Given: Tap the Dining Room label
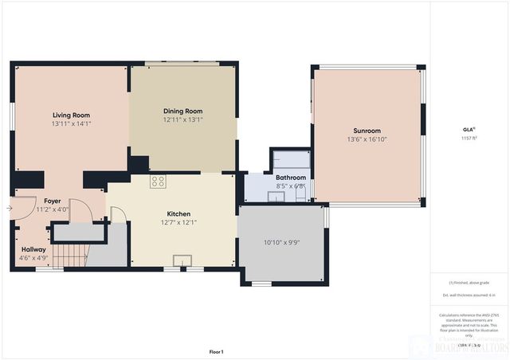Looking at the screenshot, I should tap(183, 112).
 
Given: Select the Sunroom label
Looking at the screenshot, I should tap(367, 131).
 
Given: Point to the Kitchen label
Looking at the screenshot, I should tap(178, 213).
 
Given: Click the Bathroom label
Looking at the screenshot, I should tap(291, 178).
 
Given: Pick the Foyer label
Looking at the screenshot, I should tap(53, 201).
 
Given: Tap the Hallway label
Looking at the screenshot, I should tap(33, 249).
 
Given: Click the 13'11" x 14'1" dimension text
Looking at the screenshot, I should tap(72, 123).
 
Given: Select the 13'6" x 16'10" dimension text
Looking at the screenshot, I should tap(367, 139).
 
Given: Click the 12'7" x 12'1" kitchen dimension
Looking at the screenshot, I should tap(178, 222).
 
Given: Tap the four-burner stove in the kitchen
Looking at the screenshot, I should tap(158, 182).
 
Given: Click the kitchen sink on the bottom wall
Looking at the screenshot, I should tap(182, 260).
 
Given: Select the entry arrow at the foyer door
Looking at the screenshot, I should tap(9, 208).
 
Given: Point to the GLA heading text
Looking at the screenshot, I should tap(469, 129).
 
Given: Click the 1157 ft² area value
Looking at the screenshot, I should tap(469, 138).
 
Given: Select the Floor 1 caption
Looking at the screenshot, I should tap(216, 351).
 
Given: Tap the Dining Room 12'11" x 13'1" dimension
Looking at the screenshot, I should tap(183, 120).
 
